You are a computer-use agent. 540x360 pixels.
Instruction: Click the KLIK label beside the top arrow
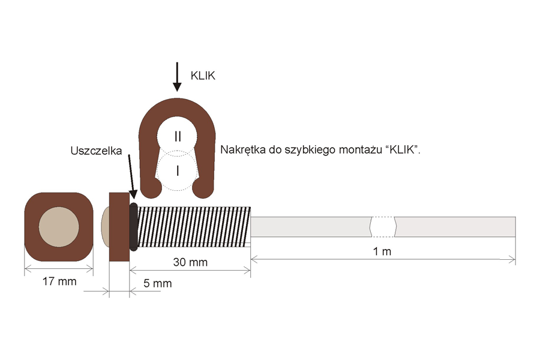[x=203, y=76]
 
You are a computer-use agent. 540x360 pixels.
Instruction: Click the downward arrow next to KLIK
[x=177, y=77]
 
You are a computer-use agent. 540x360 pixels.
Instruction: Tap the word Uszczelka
[x=96, y=151]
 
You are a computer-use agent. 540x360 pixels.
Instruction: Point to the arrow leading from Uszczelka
[x=132, y=176]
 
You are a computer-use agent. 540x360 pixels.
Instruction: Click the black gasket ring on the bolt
[x=134, y=227]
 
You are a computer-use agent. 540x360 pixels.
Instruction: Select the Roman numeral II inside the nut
[x=178, y=137]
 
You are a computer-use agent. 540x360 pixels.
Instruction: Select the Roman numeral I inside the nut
[x=178, y=171]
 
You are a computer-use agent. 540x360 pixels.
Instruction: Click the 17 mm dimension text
[x=59, y=281]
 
